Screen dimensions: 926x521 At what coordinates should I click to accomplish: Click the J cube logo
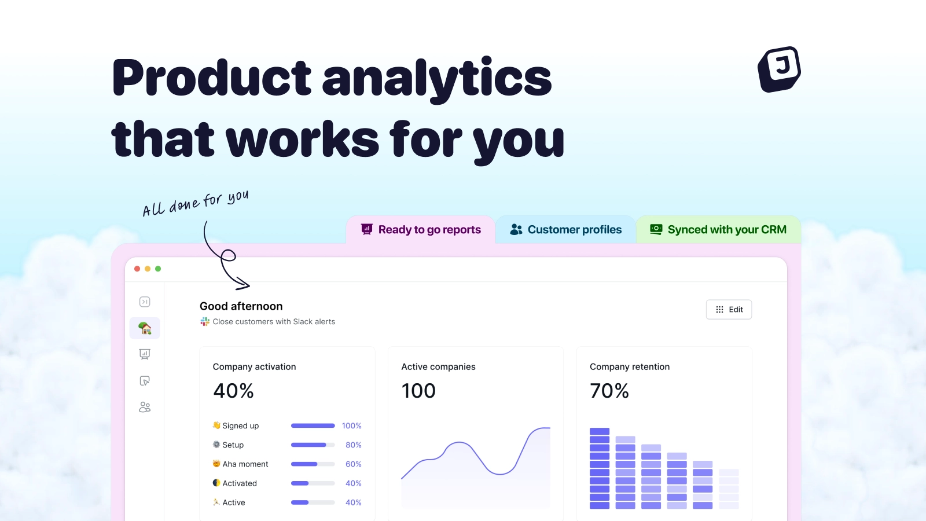779,69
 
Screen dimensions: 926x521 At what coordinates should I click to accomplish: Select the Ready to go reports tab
420,229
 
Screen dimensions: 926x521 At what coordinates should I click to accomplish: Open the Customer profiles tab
565,229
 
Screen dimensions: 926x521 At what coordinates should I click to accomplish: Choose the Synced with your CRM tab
718,229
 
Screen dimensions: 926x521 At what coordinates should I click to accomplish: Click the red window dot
137,269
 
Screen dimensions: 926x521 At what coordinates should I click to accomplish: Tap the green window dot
158,269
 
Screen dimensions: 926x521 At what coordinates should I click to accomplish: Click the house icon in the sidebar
145,328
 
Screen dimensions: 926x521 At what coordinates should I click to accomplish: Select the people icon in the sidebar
145,408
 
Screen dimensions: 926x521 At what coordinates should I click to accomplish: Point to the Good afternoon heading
241,306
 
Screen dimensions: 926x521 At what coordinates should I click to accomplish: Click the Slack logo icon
205,322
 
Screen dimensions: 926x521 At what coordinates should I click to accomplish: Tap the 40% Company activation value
233,391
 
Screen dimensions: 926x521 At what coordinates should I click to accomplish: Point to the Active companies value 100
418,391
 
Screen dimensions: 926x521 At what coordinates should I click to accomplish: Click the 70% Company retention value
609,391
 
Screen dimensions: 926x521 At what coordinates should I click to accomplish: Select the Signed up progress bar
313,425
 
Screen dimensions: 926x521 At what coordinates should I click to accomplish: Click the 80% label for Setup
354,445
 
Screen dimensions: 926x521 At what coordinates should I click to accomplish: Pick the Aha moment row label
245,464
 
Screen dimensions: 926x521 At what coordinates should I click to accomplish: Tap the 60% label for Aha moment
354,464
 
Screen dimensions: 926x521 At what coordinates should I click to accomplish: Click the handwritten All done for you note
196,203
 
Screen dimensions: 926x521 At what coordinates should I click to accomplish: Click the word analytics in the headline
437,79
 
